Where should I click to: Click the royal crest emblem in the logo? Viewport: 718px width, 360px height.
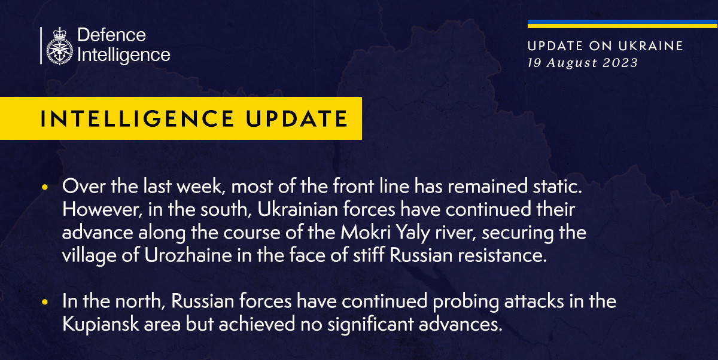coord(59,45)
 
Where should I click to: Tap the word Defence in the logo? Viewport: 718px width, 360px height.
coord(112,35)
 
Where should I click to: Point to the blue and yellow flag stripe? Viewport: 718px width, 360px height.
coord(622,25)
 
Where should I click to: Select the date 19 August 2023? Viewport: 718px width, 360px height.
coord(582,62)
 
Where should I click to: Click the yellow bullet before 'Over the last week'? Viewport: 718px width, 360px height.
coord(45,187)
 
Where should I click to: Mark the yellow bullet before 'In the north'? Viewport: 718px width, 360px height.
coord(45,303)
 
